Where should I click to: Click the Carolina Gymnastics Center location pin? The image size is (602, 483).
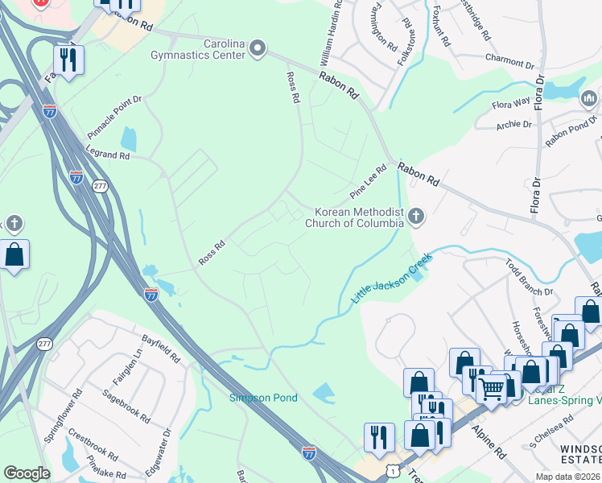[258, 49]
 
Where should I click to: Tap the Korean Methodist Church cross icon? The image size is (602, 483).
[415, 216]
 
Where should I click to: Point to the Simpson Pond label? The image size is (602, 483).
[263, 398]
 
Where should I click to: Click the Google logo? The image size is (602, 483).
[27, 473]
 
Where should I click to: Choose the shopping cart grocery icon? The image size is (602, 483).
[491, 388]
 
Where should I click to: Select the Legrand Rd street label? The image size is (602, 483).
[108, 151]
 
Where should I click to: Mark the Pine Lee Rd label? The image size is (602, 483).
[369, 183]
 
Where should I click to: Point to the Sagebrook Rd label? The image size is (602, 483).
[126, 406]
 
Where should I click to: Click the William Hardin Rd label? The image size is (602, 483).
[330, 33]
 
